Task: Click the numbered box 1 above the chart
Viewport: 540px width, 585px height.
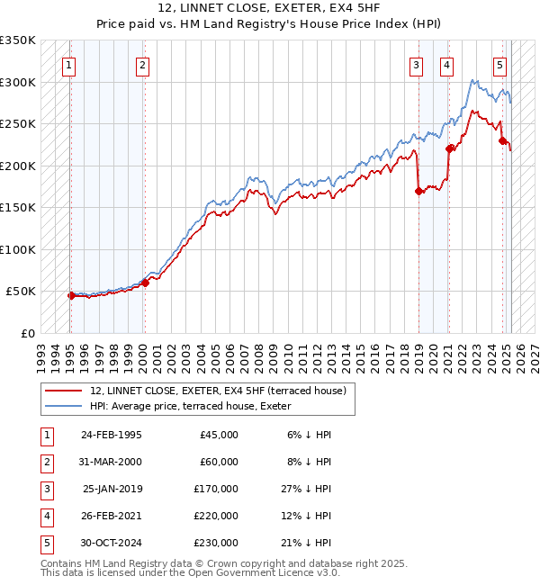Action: tap(69, 64)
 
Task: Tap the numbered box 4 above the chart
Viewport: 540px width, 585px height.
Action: tap(446, 64)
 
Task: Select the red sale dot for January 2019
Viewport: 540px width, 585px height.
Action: tap(418, 191)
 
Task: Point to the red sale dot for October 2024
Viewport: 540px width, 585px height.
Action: tap(502, 140)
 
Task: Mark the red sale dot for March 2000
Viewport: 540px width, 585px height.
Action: tap(145, 283)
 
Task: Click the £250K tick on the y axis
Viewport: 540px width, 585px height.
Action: tap(18, 123)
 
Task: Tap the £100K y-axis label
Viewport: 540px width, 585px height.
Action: tap(18, 249)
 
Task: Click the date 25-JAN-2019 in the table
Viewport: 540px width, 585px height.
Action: tap(112, 489)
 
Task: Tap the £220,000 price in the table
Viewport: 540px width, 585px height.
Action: tap(215, 516)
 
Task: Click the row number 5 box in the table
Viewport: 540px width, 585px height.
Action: tap(44, 543)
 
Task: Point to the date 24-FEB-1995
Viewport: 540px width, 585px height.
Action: tap(112, 435)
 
